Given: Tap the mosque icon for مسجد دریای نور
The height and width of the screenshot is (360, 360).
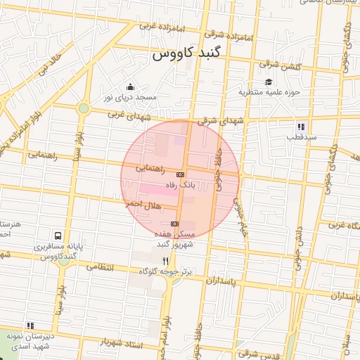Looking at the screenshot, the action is pos(129,87).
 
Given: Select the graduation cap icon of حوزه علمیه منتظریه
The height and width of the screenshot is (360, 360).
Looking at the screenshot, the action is pos(269,82).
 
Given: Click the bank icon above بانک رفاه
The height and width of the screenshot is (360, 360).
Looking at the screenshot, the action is pos(181,174).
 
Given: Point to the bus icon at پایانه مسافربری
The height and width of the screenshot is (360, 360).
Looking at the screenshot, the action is pos(57,237).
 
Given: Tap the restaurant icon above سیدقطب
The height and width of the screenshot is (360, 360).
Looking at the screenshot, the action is pos(300,127).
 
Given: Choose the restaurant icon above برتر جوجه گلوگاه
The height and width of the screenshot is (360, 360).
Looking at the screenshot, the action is pos(165,260).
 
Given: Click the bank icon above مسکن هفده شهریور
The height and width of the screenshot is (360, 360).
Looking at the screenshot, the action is pos(174,224).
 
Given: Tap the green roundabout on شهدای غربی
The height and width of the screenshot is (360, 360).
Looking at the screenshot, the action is pos(84,108).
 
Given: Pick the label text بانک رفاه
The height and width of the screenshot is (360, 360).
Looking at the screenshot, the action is pos(197,186).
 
